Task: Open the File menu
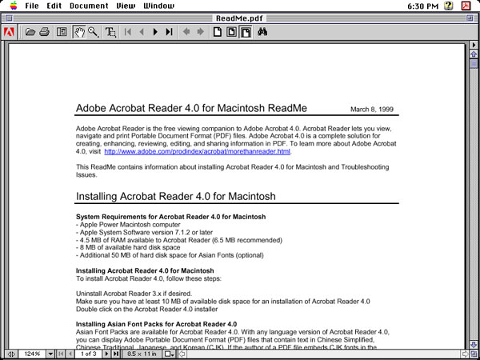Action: pos(31,6)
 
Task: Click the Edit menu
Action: pos(54,6)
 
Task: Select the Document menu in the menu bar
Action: pos(89,6)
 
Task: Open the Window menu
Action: pos(158,6)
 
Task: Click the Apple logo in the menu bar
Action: pos(12,6)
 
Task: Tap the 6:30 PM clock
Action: pos(423,6)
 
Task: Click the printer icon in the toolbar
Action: pos(45,32)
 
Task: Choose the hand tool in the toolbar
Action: pos(79,32)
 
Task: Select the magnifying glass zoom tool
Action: pos(93,32)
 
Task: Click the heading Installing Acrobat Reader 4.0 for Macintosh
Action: pos(176,196)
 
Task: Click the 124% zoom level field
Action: pos(32,354)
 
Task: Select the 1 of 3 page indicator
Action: pos(89,354)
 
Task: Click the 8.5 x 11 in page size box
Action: pos(143,354)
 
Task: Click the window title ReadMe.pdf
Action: pos(239,18)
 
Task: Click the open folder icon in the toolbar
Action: pos(30,32)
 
